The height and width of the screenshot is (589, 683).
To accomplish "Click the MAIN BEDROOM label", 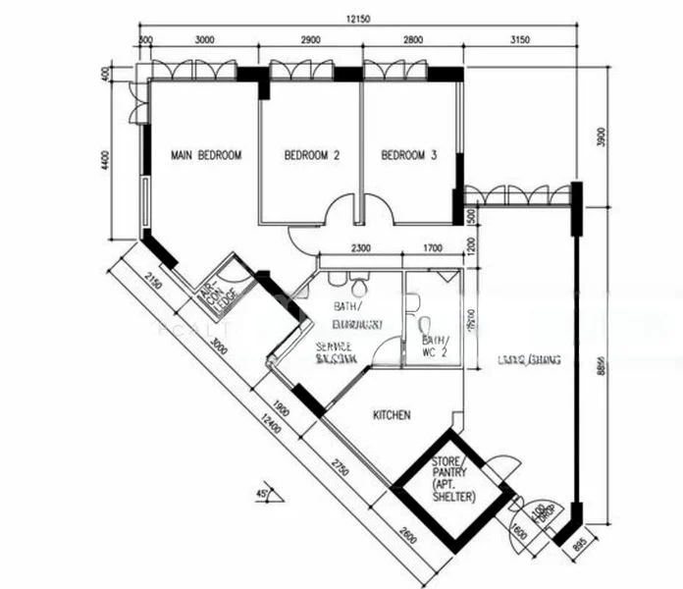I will pos(206,155).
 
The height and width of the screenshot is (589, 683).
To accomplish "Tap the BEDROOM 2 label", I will pos(312,155).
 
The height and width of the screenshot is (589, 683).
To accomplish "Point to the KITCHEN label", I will pos(392,415).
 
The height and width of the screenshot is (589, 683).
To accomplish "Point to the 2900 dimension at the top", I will pos(310,40).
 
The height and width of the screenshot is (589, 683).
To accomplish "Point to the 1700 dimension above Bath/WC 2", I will pos(432,248).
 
